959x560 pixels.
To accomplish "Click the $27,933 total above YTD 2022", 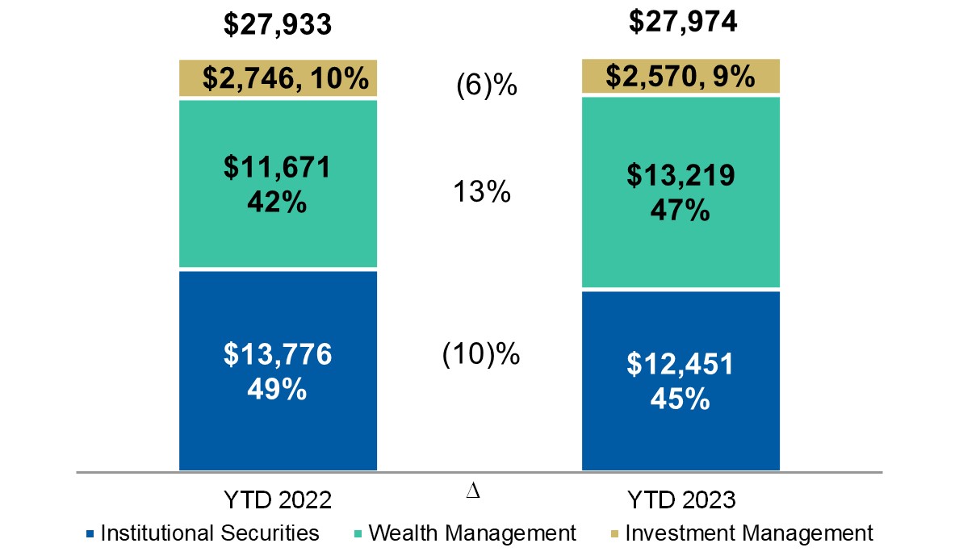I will click(x=278, y=25).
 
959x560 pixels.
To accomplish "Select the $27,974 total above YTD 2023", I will click(x=682, y=22).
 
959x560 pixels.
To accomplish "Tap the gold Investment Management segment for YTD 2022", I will click(x=278, y=78).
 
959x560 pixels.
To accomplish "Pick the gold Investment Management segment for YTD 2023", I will click(x=681, y=76).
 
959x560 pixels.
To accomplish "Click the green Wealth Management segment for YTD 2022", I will click(x=278, y=184).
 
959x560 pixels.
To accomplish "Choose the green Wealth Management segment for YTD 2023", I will click(x=681, y=191).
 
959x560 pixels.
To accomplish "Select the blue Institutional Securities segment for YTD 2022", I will click(x=278, y=370).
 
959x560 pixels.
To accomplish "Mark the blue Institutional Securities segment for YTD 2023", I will click(x=681, y=380).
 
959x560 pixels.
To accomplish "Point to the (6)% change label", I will click(x=486, y=85).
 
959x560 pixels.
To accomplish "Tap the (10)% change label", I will click(x=481, y=354).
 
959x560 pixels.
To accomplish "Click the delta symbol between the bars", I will click(x=474, y=492).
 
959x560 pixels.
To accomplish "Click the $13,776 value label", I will click(x=278, y=355).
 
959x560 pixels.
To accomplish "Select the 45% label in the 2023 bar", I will click(x=682, y=399).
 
